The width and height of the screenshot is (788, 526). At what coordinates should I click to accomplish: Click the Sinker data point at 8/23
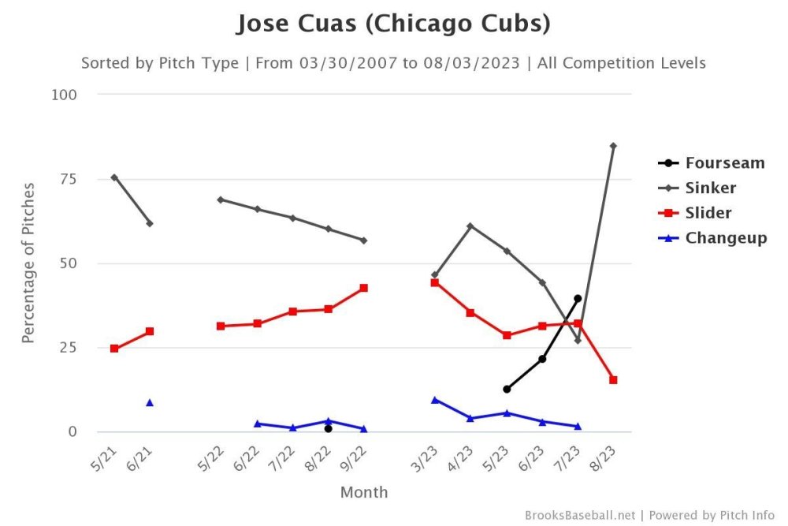coord(613,146)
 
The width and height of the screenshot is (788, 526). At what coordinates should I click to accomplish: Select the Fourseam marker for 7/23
coord(578,298)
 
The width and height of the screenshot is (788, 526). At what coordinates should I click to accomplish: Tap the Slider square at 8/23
coord(613,380)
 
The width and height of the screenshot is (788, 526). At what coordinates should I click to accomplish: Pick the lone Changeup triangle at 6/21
coord(150,403)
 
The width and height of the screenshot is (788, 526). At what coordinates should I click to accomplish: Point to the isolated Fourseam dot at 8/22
coord(328,428)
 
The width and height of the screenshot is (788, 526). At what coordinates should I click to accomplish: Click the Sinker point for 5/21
coord(114,177)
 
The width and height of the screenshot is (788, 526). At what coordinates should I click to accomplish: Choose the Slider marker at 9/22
coord(364,288)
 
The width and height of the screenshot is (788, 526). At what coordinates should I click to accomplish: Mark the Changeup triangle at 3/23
coord(435,400)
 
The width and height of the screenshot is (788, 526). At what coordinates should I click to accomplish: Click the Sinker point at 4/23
coord(470,226)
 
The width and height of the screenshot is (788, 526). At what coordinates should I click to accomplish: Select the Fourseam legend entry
coord(724,163)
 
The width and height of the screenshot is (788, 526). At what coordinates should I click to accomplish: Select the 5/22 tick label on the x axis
coord(210,456)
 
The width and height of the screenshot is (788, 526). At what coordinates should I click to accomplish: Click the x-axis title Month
coord(364,492)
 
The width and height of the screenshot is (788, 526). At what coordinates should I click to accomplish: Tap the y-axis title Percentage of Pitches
coord(28,263)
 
